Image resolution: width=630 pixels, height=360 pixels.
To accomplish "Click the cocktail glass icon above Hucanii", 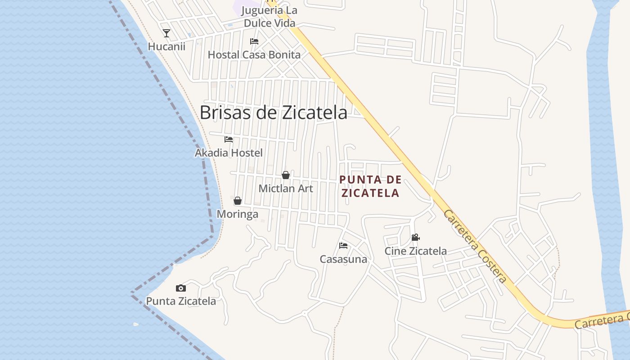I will point(166,33).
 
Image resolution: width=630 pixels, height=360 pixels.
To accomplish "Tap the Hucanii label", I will point(166,46).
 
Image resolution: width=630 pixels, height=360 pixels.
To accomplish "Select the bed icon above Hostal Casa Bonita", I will point(254,41).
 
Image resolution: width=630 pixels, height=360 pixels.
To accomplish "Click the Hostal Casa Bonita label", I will point(254,55).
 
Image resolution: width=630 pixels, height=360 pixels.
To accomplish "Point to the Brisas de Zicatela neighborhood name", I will point(273,112).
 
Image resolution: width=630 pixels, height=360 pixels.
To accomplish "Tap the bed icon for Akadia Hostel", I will point(229,139).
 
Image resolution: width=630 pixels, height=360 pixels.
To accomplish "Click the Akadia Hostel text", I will point(229,153).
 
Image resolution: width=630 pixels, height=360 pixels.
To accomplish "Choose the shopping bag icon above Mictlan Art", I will point(286,175).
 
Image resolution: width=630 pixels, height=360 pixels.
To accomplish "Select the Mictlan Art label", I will point(286,189).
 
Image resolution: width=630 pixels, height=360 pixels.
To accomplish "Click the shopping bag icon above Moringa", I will point(238,201).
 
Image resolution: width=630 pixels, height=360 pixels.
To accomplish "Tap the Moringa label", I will point(238,214).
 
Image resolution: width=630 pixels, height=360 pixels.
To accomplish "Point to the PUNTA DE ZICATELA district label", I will point(370,186).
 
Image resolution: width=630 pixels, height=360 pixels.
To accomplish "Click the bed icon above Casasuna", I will point(343,246).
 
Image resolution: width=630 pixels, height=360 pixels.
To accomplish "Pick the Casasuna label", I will point(343,259).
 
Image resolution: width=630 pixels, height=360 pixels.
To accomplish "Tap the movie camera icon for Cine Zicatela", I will point(415,238).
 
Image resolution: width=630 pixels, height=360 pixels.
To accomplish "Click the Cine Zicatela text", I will point(415,251).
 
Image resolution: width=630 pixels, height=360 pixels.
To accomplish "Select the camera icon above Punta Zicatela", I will point(181,288).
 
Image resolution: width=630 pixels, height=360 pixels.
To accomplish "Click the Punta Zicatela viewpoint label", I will point(181,301).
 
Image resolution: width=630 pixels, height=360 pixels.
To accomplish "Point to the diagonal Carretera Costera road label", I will point(475,246).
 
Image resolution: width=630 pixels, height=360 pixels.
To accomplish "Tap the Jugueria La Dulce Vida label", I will point(269,17).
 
